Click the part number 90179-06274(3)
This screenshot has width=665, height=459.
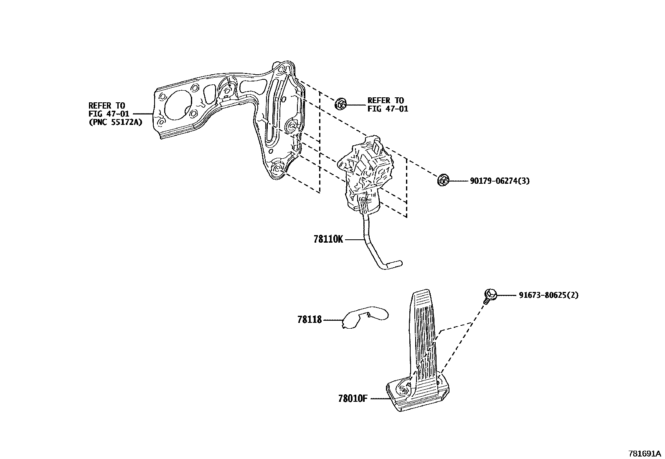[500, 181]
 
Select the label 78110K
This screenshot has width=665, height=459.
[328, 240]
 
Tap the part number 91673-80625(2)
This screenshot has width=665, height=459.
[548, 295]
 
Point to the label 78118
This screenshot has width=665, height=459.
[310, 320]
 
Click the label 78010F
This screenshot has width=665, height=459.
[353, 398]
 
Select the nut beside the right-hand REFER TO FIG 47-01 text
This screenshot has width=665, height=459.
[340, 104]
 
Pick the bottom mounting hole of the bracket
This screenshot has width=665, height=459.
[278, 169]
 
